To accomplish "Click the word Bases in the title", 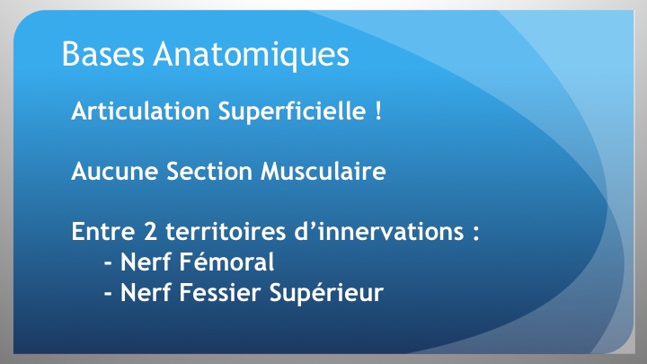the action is tap(103, 53).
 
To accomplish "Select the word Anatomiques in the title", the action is tap(252, 56).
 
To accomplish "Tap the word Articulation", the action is tap(140, 111).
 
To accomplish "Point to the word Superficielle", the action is tap(292, 111).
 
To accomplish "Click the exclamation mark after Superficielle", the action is tap(378, 111).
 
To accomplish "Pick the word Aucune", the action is tap(115, 171).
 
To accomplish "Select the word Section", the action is tap(209, 171).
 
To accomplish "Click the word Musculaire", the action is tap(323, 171).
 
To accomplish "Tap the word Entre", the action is tap(103, 231).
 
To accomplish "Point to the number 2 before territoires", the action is tap(151, 231).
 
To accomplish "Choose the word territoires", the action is tap(226, 231).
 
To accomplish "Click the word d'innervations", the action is tap(379, 231).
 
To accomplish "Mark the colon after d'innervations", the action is tap(475, 234).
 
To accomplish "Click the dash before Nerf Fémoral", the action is tap(108, 263).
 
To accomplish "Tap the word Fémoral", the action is tap(226, 262).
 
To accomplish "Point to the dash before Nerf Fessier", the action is tap(108, 294).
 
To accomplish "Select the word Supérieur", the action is tap(326, 293).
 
